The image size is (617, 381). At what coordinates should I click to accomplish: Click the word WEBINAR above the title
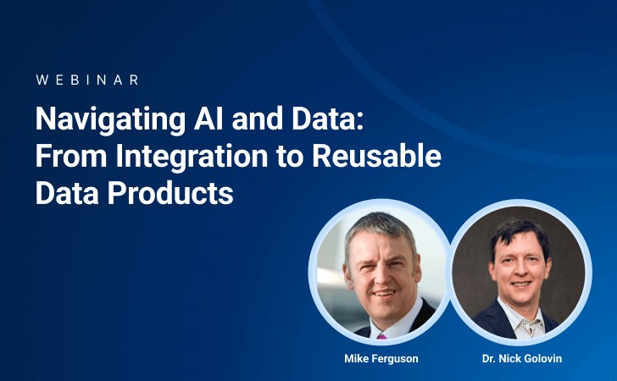click(87, 80)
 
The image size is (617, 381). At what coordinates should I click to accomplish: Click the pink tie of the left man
click(382, 334)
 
